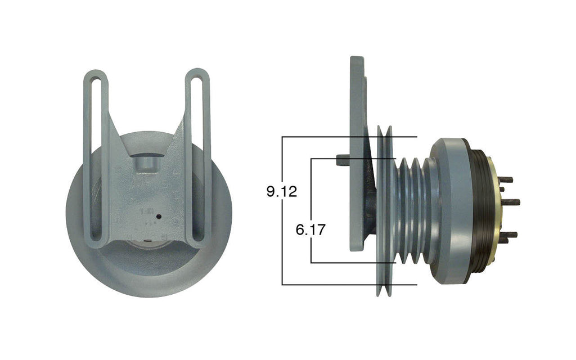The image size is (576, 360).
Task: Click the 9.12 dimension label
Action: click(x=282, y=191)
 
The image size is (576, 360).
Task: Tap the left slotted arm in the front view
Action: click(x=96, y=157)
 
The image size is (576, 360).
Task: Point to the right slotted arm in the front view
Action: click(x=198, y=157)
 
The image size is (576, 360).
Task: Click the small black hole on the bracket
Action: click(x=159, y=216)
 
